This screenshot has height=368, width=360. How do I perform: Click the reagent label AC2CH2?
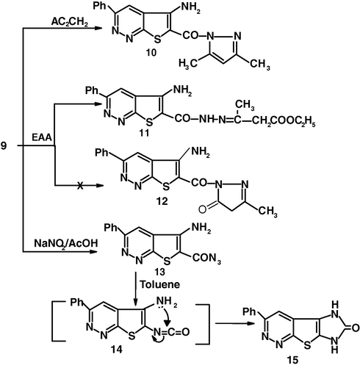(x=70, y=22)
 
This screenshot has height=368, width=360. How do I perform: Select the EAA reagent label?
(x=42, y=137)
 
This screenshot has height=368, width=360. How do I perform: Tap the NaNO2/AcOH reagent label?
(x=66, y=244)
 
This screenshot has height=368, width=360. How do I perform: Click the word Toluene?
(x=160, y=284)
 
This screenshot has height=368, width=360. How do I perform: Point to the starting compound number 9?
(x=4, y=146)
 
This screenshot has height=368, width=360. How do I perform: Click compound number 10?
(x=151, y=52)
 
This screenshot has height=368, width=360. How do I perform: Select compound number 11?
(x=144, y=133)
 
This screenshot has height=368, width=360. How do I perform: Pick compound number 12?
(x=162, y=201)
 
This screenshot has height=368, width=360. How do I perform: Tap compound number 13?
(x=159, y=272)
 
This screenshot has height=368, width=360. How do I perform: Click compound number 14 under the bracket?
(x=117, y=350)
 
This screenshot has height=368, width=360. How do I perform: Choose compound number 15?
(x=293, y=360)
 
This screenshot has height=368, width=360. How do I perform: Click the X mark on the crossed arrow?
(x=80, y=185)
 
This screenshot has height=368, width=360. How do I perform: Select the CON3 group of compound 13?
(x=206, y=259)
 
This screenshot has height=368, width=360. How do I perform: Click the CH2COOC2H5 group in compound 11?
(x=284, y=120)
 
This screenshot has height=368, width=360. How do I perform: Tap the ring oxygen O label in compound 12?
(x=202, y=209)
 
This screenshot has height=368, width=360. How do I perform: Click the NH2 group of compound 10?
(x=190, y=8)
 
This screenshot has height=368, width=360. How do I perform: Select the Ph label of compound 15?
(x=249, y=311)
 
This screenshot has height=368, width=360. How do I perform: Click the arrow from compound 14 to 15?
(x=234, y=323)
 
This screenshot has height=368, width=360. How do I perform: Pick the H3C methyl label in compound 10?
(x=188, y=64)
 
